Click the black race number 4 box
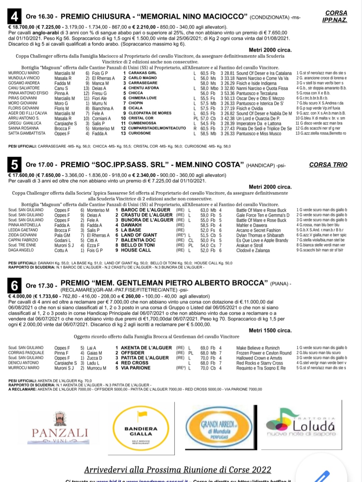[14, 16]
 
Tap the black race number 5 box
[14, 164]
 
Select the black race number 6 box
[14, 286]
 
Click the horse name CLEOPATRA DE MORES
[150, 113]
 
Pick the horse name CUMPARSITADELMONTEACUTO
[157, 128]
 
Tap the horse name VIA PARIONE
[136, 368]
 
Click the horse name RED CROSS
[134, 363]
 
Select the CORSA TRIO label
[328, 165]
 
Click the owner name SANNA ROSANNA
[23, 128]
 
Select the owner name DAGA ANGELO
[21, 250]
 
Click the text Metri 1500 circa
[270, 330]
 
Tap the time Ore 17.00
[40, 165]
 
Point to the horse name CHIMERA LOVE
[142, 98]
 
